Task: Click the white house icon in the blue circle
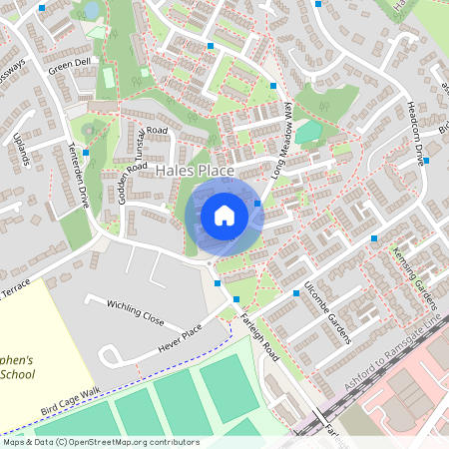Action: point(224,216)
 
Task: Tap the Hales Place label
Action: point(196,172)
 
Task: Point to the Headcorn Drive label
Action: point(415,128)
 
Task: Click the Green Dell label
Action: point(69,67)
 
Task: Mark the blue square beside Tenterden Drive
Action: point(86,152)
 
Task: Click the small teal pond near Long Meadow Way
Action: point(309,130)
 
